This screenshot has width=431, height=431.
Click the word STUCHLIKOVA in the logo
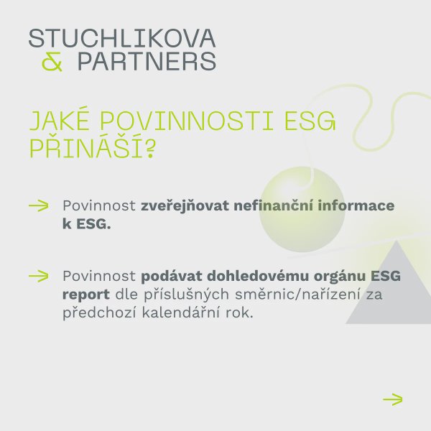(122, 38)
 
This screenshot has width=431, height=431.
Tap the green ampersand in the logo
(52, 62)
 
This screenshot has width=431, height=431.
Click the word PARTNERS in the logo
(147, 61)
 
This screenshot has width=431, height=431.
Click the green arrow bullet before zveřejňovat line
(39, 205)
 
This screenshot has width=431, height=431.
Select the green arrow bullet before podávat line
(39, 276)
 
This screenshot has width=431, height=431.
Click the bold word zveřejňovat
(185, 206)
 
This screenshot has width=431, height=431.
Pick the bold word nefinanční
(274, 205)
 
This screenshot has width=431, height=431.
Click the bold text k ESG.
(87, 224)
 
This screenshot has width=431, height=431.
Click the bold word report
(86, 295)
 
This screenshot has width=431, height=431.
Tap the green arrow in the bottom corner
(392, 399)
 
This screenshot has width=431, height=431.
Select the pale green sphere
(302, 209)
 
